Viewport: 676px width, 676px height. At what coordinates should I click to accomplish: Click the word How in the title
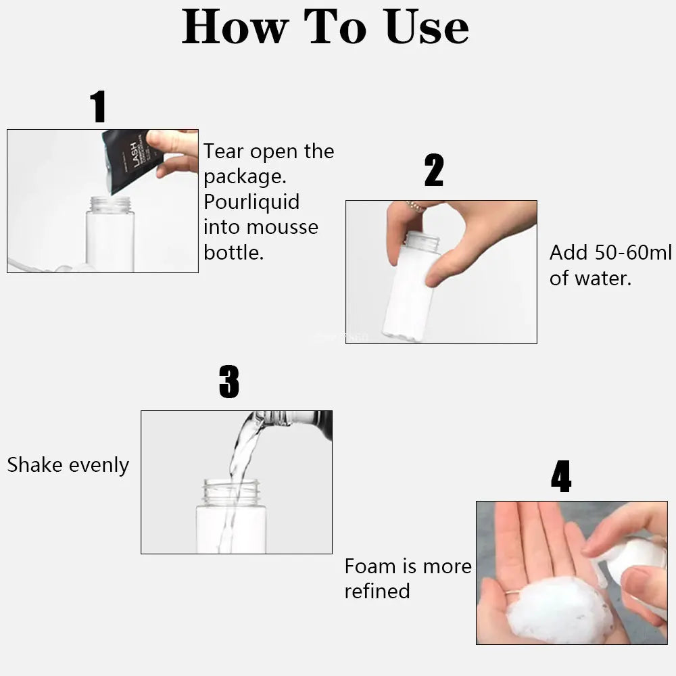[235, 28]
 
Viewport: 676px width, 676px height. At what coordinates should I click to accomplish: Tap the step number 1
[98, 107]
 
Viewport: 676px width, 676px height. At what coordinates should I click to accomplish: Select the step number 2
[434, 171]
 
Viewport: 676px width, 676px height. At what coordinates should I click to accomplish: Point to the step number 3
[229, 382]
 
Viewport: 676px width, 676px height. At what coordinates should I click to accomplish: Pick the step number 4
[561, 477]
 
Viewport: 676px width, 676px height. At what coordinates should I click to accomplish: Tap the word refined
[377, 591]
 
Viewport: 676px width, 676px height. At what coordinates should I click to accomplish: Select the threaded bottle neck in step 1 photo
[110, 204]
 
